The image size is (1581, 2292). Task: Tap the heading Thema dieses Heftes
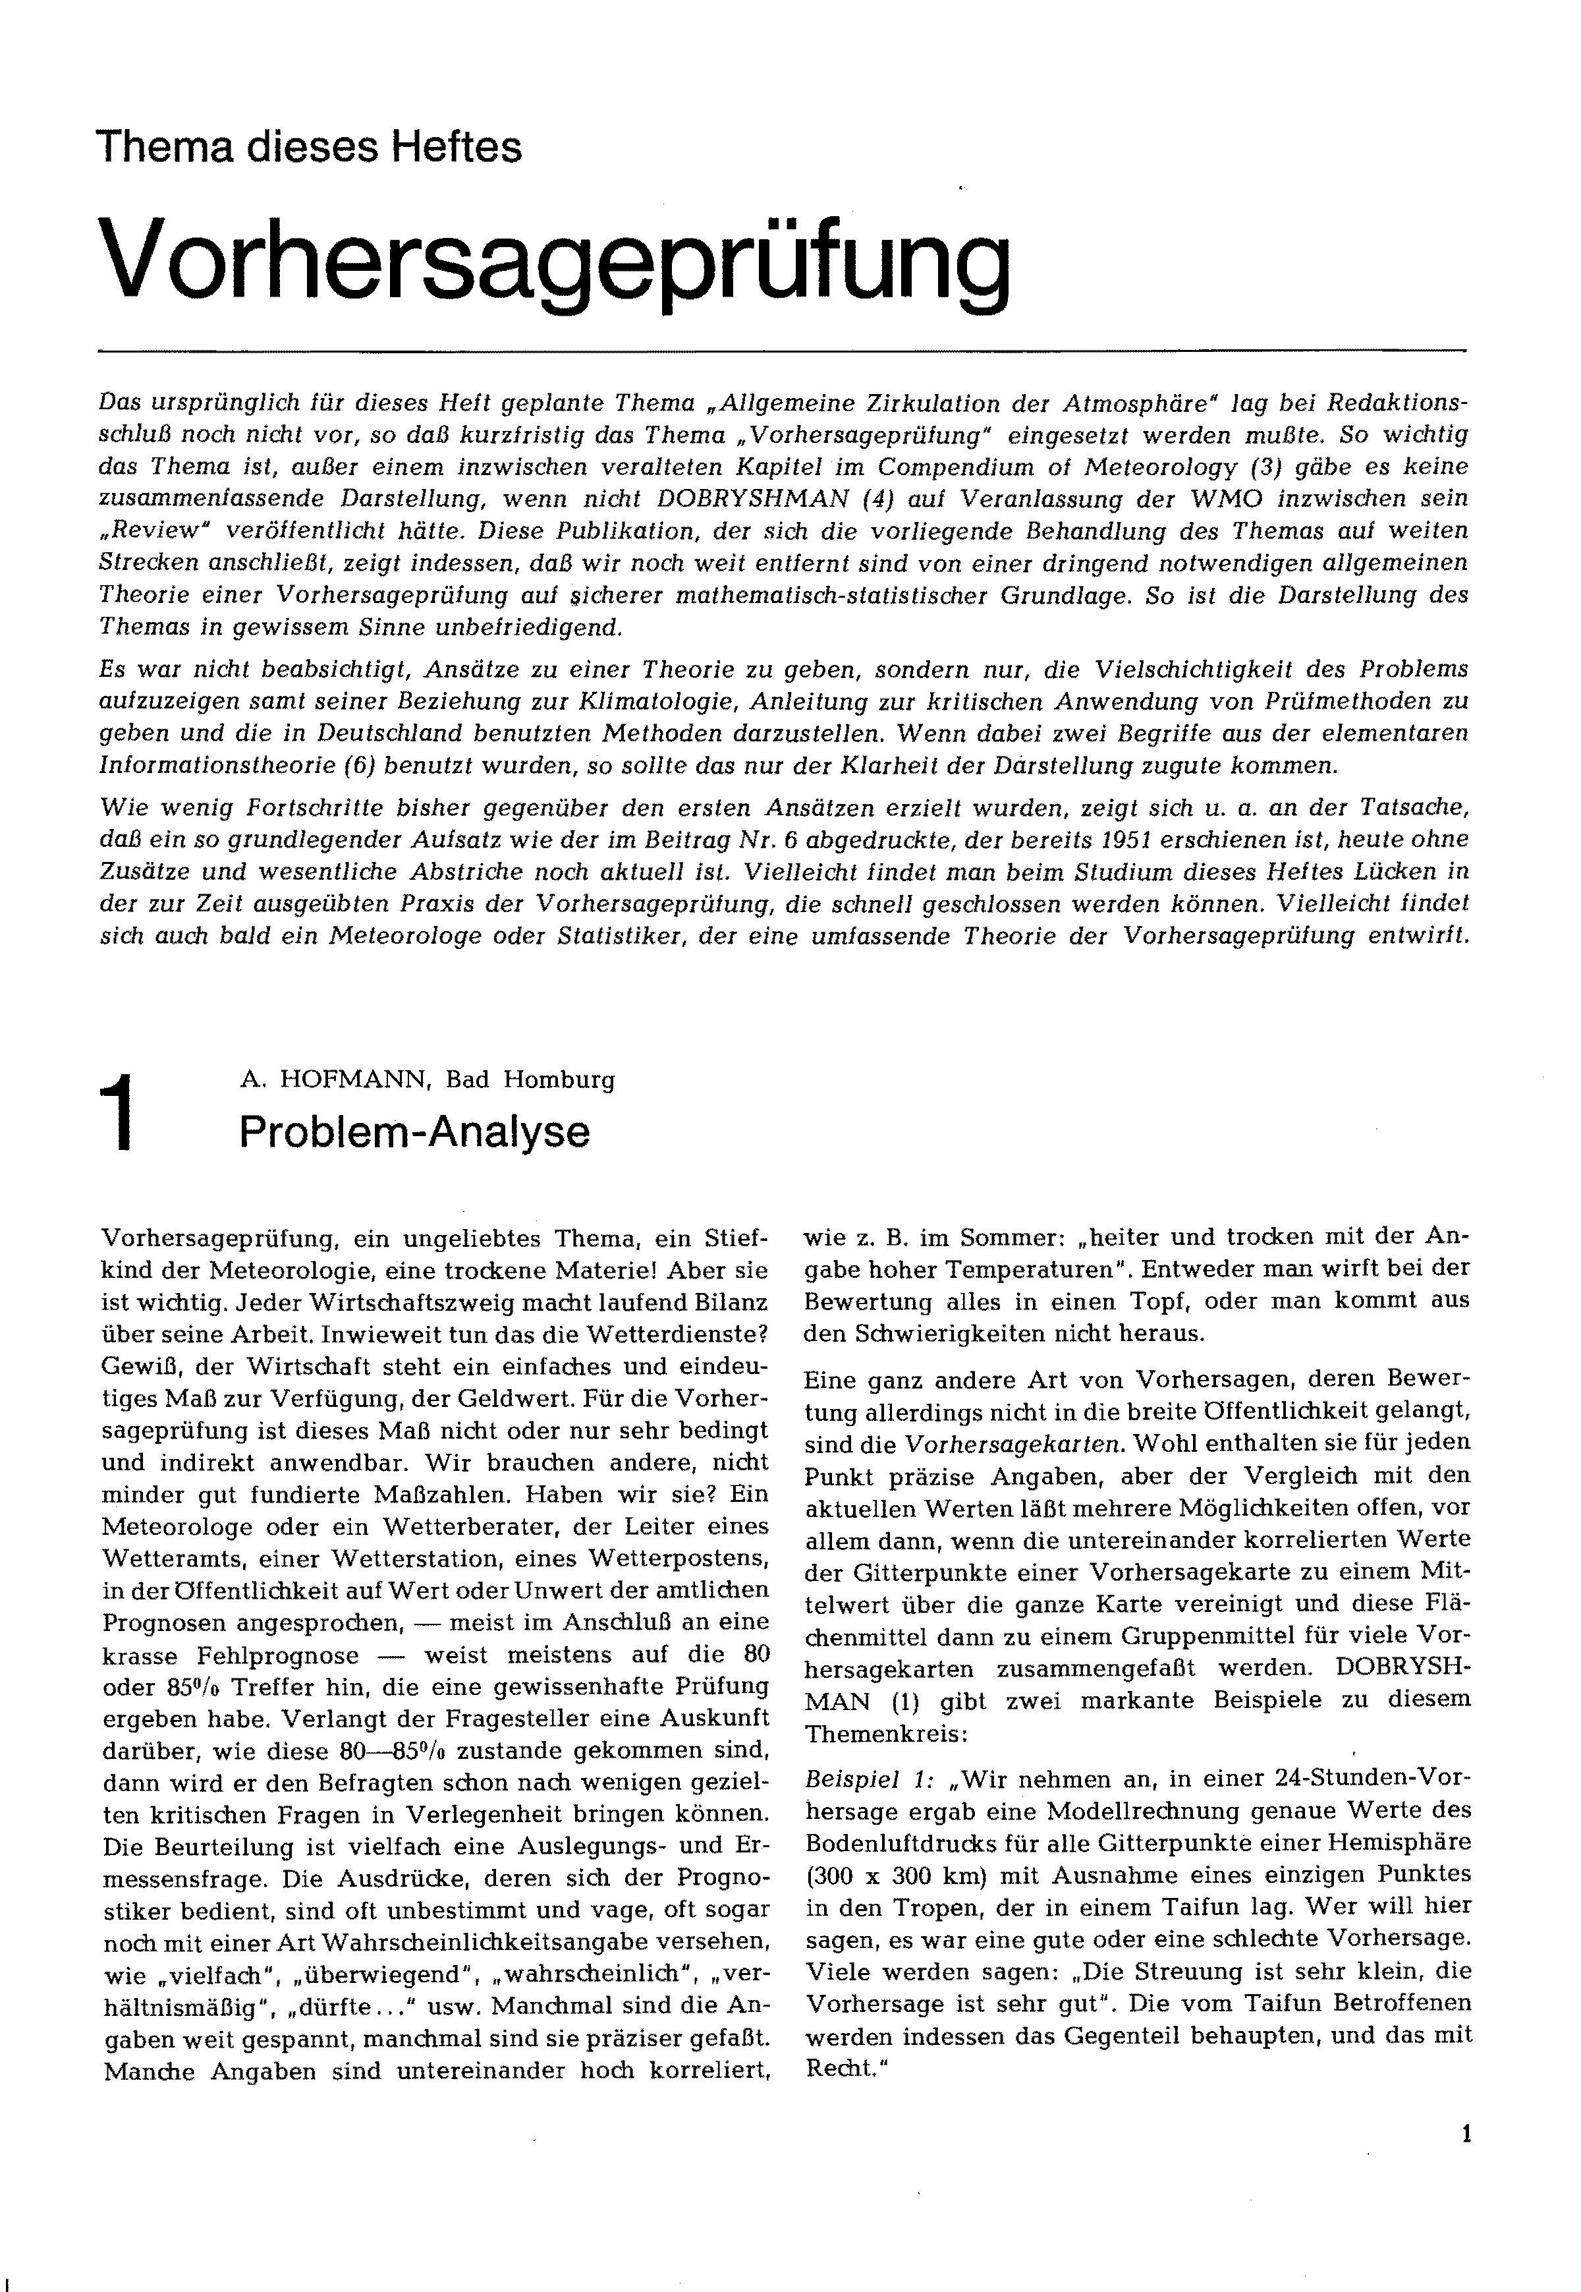pos(308,148)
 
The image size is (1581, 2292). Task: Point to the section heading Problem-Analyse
pos(414,1132)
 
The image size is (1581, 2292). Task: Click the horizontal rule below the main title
pos(783,351)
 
